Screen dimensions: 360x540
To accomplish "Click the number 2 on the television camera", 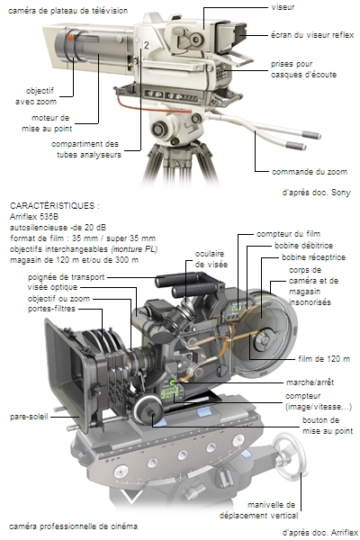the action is [147, 45].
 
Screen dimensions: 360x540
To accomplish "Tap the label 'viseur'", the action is [283, 7].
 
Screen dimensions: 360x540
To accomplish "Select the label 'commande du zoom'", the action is [310, 172].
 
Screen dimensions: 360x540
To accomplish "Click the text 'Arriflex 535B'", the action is [34, 217].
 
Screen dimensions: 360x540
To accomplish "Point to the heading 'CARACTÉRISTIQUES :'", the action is [55, 205].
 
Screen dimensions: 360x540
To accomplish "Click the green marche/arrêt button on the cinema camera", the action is [172, 382].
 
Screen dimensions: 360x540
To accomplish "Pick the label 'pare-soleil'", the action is [29, 417].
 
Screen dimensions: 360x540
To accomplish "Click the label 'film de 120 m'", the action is [324, 359].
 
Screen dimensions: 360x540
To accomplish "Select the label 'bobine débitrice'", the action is [303, 246].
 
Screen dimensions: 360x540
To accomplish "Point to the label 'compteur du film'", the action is [288, 234].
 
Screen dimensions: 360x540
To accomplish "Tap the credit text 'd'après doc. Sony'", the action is [316, 193].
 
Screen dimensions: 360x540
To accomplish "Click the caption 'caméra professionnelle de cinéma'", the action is [74, 526].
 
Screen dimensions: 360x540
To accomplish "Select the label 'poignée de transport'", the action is [66, 277].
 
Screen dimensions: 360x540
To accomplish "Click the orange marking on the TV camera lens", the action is [70, 37].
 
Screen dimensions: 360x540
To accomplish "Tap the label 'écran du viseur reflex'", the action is [312, 35].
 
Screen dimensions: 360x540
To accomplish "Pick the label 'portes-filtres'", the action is [51, 309].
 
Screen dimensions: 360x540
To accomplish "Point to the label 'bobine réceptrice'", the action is [313, 257].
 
